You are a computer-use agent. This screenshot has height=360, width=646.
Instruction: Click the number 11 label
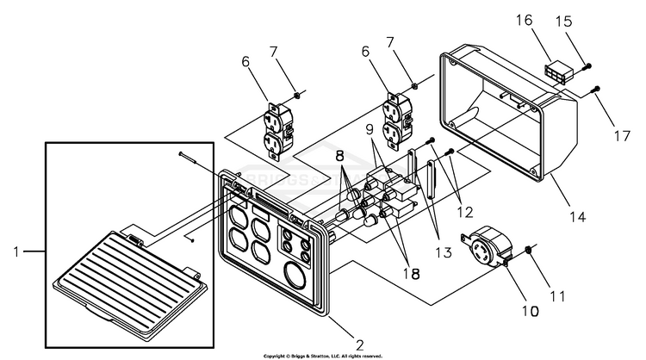(x=559, y=296)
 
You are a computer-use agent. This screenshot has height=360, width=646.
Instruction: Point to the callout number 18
(x=413, y=273)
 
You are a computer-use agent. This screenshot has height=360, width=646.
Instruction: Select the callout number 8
(x=339, y=158)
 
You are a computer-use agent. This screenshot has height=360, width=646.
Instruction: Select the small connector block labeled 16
(x=557, y=73)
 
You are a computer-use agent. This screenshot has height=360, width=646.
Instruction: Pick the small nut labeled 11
(x=526, y=250)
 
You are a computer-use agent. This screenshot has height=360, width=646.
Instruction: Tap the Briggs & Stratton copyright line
(x=323, y=354)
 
